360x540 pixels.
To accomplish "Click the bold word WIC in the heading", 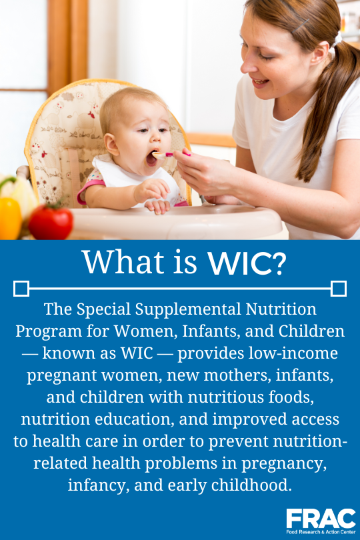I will point(235,263).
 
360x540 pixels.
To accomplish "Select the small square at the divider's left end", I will point(21,289).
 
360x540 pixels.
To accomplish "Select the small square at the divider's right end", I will point(339,289).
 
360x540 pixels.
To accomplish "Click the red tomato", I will point(51,221).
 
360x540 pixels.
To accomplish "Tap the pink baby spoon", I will point(175,153).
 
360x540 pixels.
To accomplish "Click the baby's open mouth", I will point(153,159).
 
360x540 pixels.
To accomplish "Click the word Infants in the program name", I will point(229,331).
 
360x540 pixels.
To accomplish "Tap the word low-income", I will point(299,353).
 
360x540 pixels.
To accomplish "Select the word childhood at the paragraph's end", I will point(253,485).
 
